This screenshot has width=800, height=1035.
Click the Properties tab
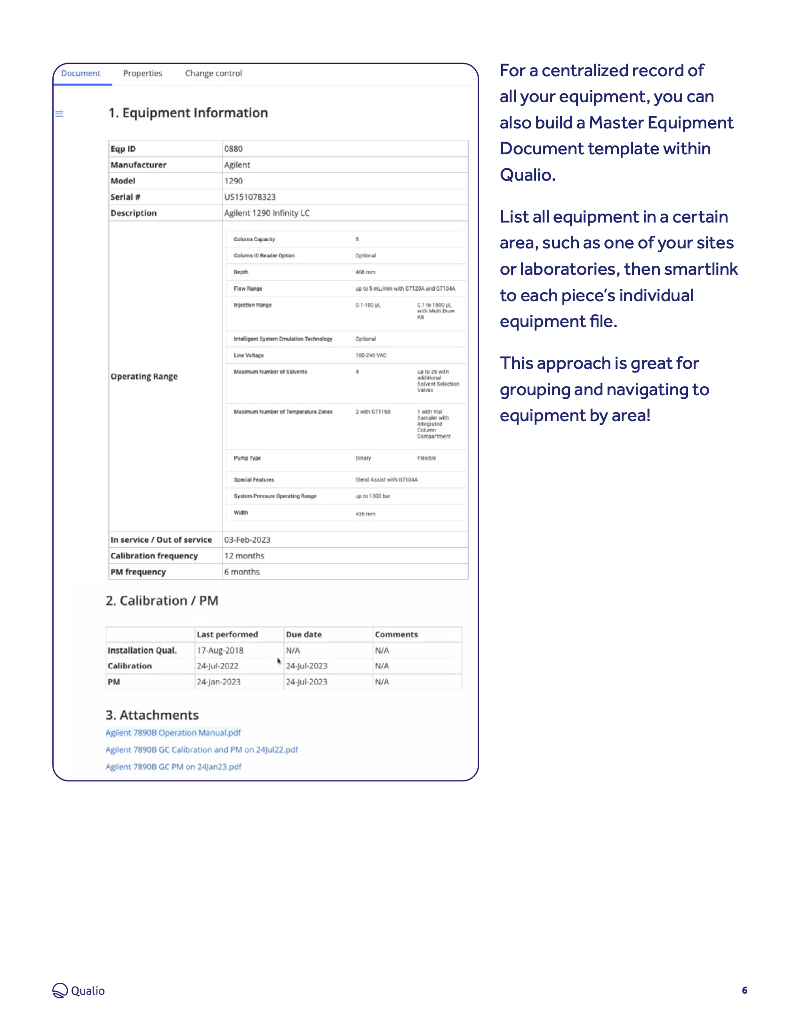click(x=142, y=73)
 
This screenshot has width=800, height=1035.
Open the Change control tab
click(x=213, y=73)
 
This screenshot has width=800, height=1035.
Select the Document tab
click(x=80, y=73)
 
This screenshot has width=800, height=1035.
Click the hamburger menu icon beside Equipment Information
click(x=59, y=114)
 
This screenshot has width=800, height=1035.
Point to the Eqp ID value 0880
click(x=233, y=149)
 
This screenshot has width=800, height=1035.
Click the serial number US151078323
click(x=250, y=197)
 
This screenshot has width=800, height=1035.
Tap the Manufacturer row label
click(x=138, y=165)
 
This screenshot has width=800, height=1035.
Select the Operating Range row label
click(x=144, y=376)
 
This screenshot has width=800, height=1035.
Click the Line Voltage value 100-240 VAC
click(x=371, y=355)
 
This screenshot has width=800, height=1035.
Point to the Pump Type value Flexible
click(x=426, y=458)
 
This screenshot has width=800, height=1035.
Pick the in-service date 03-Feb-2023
click(x=247, y=540)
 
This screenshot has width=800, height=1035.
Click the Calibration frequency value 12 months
click(x=244, y=556)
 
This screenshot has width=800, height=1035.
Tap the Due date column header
click(x=304, y=635)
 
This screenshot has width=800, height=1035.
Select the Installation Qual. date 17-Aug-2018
click(x=220, y=651)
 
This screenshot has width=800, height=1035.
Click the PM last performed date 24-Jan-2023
click(x=218, y=682)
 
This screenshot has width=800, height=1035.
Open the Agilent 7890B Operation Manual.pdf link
click(x=173, y=732)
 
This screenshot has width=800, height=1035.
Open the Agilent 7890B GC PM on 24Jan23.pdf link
click(x=173, y=767)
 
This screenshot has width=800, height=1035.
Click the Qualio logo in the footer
click(x=79, y=990)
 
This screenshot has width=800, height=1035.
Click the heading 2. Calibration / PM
click(x=161, y=601)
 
